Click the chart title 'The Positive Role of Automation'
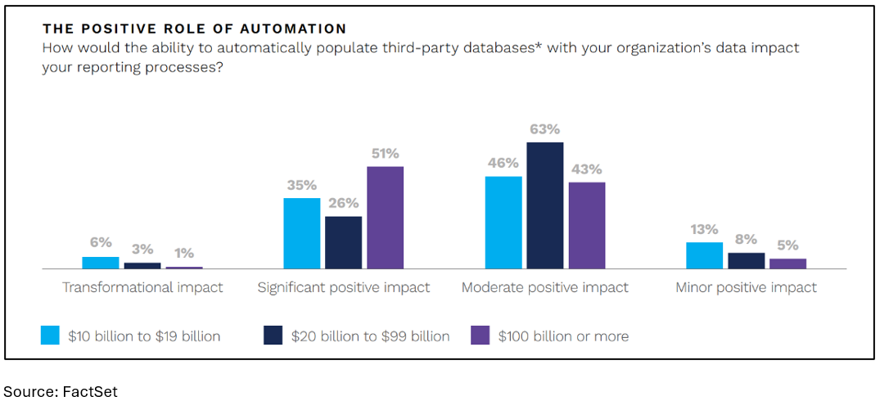[x=194, y=29]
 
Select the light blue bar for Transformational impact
[x=101, y=263]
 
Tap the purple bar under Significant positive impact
[x=385, y=218]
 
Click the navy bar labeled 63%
[x=545, y=205]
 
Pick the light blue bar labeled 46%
[x=503, y=223]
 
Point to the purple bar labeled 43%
[x=587, y=225]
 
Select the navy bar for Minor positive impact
[x=746, y=260]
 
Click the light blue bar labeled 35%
[x=302, y=233]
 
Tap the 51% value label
[x=385, y=154]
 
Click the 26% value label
[x=343, y=203]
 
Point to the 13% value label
[x=704, y=229]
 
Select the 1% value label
[x=184, y=254]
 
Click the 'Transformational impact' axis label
[x=143, y=288]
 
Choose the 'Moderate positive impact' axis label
[x=545, y=288]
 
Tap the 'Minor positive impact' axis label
[x=746, y=288]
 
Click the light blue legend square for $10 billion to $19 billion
[x=50, y=336]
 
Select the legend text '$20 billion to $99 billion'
[x=370, y=336]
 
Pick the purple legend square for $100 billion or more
[x=480, y=336]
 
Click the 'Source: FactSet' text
[x=61, y=392]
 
